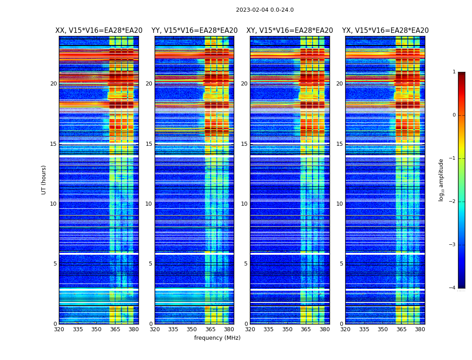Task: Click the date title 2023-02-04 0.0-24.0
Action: [x=265, y=10]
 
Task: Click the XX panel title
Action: [x=99, y=31]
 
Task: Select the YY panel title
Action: [x=194, y=31]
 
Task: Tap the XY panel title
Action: [x=289, y=31]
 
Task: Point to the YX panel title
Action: [x=385, y=31]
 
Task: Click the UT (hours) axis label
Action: [x=44, y=180]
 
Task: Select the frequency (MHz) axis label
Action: [x=217, y=338]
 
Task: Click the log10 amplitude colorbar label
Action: [x=441, y=180]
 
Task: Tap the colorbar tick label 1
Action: [x=454, y=72]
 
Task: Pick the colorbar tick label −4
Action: [x=453, y=288]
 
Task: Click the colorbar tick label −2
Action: [x=453, y=202]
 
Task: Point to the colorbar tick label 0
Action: [x=454, y=115]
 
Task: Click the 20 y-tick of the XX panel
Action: [x=53, y=84]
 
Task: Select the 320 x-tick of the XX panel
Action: [x=59, y=329]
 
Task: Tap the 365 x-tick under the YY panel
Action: [x=210, y=329]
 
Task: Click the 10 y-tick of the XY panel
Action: [x=244, y=204]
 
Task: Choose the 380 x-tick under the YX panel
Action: [x=420, y=329]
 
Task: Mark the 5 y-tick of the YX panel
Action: [x=341, y=264]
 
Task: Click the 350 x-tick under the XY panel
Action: [x=287, y=329]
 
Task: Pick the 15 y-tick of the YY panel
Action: [x=149, y=144]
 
